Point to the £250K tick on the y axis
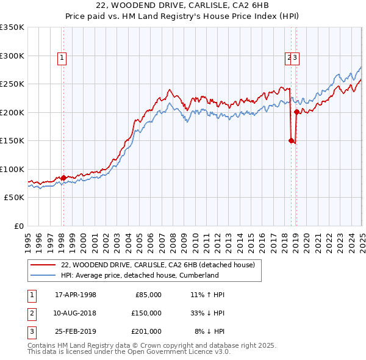click(12, 84)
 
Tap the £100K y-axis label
click(12, 169)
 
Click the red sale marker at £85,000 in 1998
click(63, 178)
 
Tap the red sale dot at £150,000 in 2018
click(291, 140)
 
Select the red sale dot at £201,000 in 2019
click(296, 112)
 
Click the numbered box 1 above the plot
click(62, 58)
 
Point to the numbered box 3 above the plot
click(295, 58)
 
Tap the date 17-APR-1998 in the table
click(76, 295)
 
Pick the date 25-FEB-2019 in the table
click(76, 331)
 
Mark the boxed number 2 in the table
click(30, 313)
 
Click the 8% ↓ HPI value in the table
click(209, 331)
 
